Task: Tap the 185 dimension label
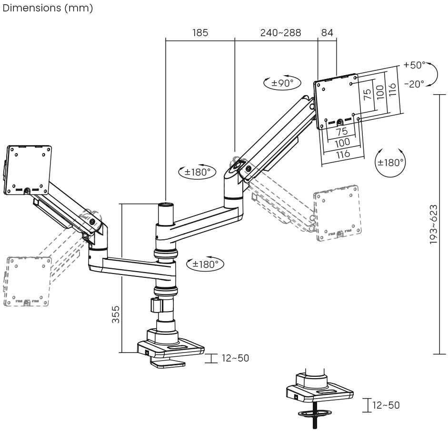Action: coord(200,33)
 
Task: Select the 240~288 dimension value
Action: coord(280,33)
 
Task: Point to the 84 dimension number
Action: coord(327,33)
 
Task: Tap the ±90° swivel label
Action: coord(282,82)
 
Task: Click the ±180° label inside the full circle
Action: coord(390,162)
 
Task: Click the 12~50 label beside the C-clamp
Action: coord(235,358)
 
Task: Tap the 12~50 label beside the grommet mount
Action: coord(386,405)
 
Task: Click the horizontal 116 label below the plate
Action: coord(343,153)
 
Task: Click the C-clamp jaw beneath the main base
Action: coord(167,363)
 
